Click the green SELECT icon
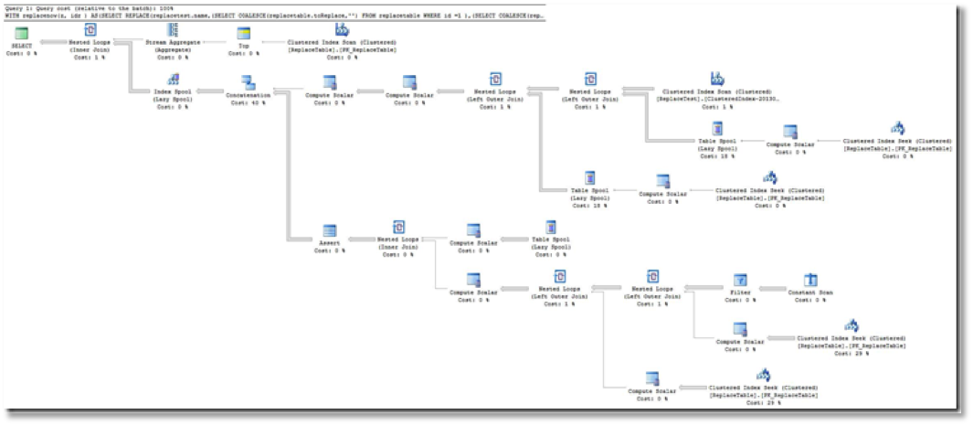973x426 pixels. pyautogui.click(x=21, y=32)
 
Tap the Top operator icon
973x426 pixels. pyautogui.click(x=243, y=32)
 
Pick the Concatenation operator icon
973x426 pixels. pyautogui.click(x=248, y=82)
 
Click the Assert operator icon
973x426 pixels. pyautogui.click(x=329, y=232)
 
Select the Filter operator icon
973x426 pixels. pyautogui.click(x=741, y=280)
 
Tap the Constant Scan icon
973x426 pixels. pyautogui.click(x=809, y=280)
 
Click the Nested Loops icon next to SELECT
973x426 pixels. pyautogui.click(x=90, y=30)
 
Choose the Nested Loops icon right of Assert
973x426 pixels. pyautogui.click(x=398, y=228)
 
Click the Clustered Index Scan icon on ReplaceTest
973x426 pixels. pyautogui.click(x=717, y=79)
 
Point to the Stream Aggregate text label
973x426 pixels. pyautogui.click(x=173, y=42)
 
